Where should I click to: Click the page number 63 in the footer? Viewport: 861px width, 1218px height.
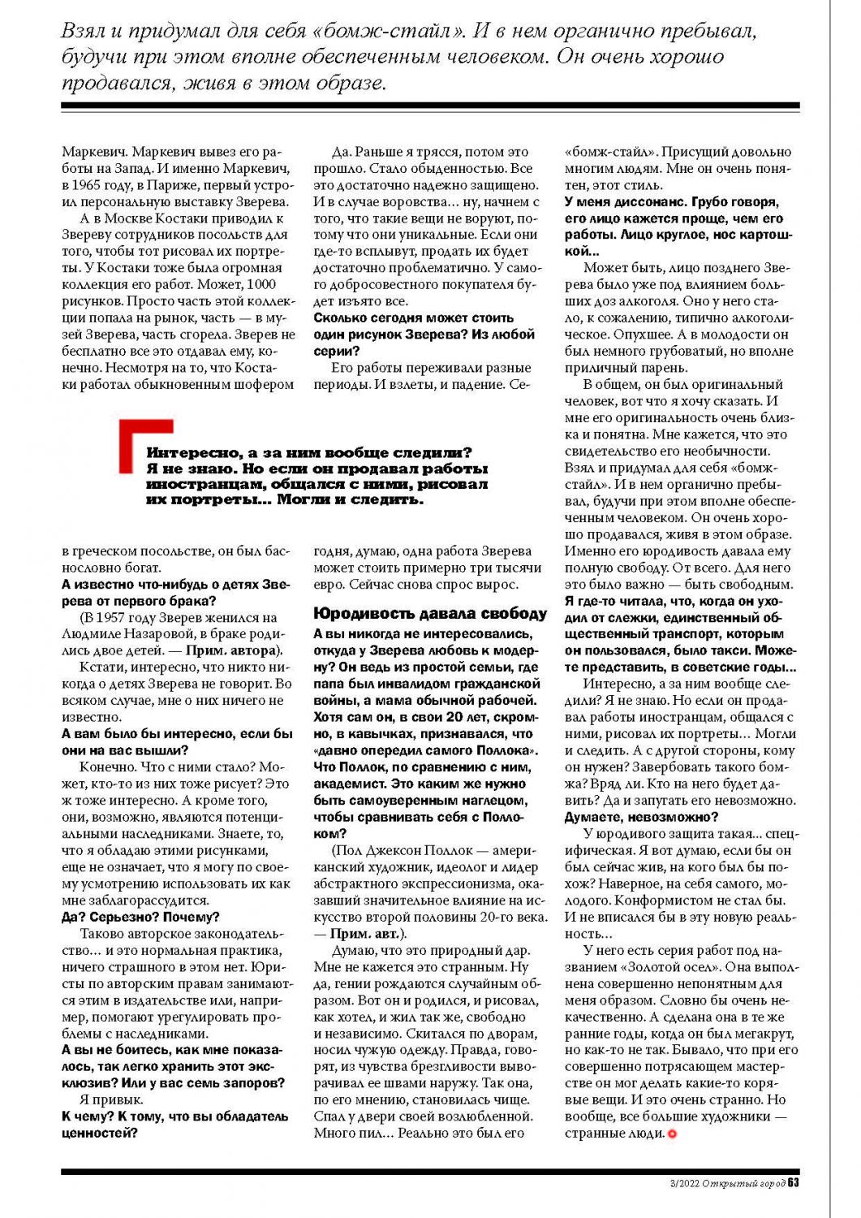coord(794,1183)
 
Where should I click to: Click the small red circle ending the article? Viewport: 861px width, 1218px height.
coord(670,1134)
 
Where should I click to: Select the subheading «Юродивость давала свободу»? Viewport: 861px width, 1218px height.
coord(430,614)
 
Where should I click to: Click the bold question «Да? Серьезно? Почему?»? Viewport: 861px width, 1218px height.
coord(140,917)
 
